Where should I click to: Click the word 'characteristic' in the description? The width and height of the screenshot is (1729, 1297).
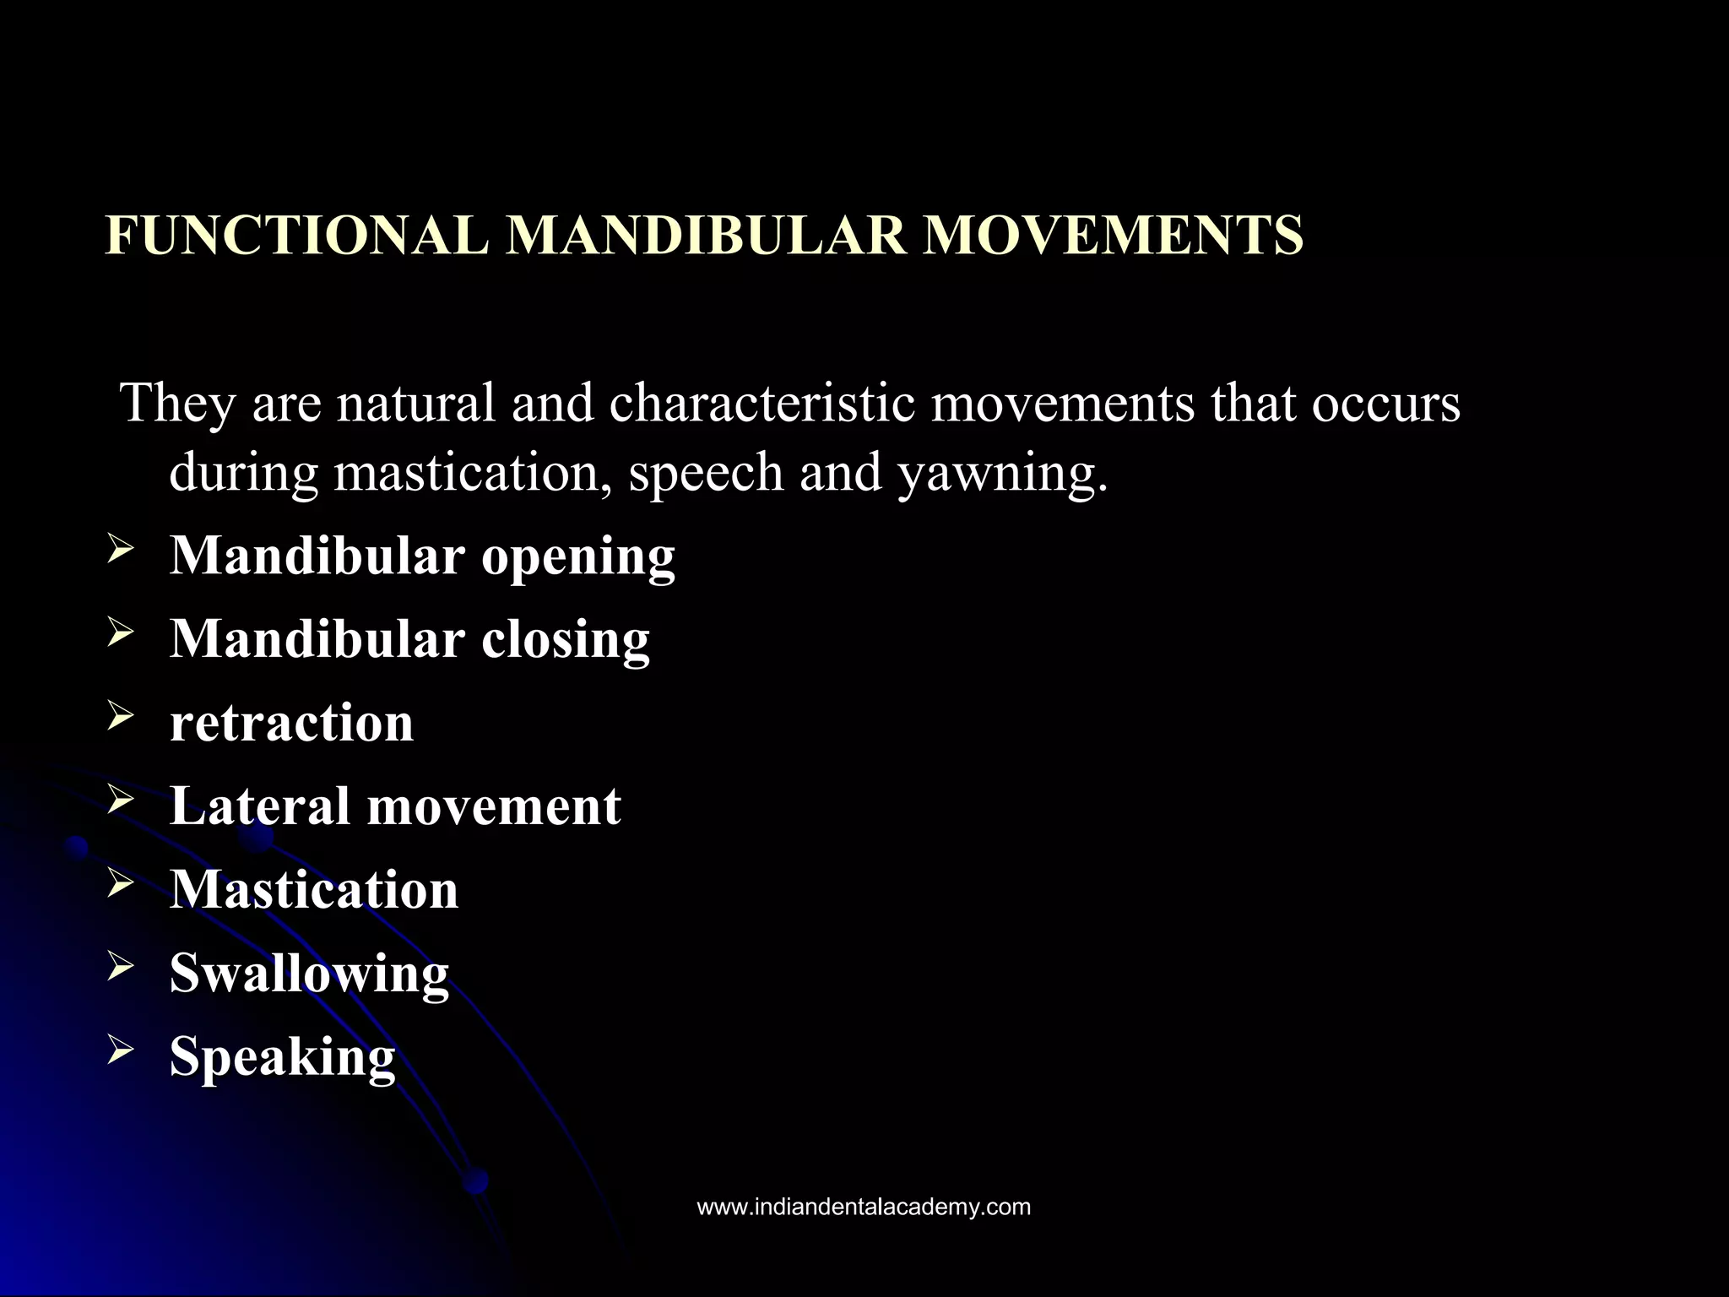pyautogui.click(x=762, y=404)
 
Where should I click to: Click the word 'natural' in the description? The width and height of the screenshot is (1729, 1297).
pyautogui.click(x=415, y=404)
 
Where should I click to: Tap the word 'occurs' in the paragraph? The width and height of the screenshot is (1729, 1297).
pyautogui.click(x=1385, y=404)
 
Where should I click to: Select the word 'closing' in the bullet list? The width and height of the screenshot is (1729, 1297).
pyautogui.click(x=566, y=639)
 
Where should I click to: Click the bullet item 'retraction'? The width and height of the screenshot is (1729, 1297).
pyautogui.click(x=292, y=723)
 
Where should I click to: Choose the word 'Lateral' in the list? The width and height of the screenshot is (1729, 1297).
pyautogui.click(x=259, y=806)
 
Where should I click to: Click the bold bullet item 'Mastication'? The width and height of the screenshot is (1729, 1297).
pyautogui.click(x=314, y=889)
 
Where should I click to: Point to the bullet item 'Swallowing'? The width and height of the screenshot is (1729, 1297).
pyautogui.click(x=309, y=974)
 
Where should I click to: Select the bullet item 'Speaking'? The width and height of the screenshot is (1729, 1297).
pyautogui.click(x=283, y=1057)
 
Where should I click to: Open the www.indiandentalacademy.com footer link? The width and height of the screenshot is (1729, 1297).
pyautogui.click(x=864, y=1207)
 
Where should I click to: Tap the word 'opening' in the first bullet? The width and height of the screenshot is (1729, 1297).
pyautogui.click(x=578, y=557)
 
